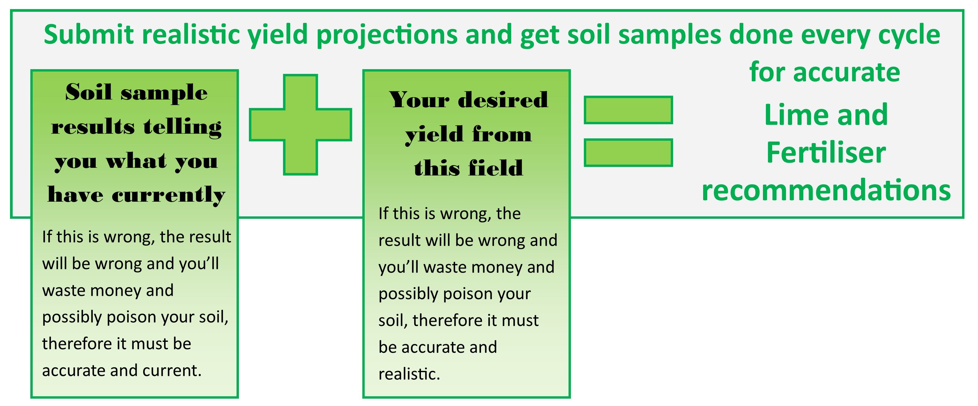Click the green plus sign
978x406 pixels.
pos(300,125)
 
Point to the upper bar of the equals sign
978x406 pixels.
pos(628,110)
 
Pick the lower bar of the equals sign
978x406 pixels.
pos(628,153)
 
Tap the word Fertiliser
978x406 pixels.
pos(826,153)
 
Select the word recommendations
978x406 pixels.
pos(826,190)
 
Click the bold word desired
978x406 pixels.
pos(503,100)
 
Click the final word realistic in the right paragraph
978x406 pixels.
pos(409,374)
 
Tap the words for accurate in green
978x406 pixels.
pos(825,72)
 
